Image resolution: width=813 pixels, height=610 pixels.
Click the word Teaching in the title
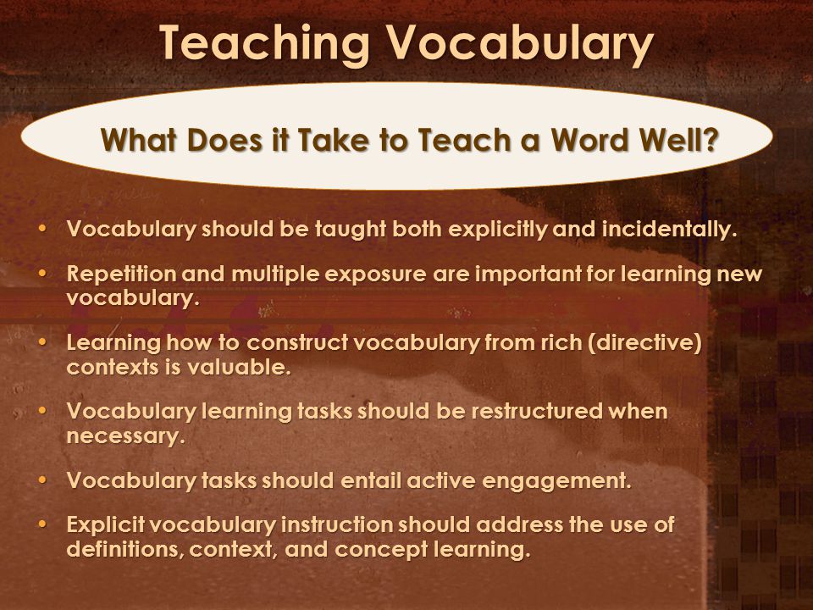[264, 43]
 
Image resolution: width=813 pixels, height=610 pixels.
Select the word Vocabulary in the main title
[519, 43]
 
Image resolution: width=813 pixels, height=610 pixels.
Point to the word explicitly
[498, 230]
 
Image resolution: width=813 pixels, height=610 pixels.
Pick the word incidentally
[669, 230]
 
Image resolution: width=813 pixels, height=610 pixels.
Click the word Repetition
[121, 274]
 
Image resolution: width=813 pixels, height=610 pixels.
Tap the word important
[528, 274]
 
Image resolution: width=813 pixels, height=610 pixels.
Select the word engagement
[557, 481]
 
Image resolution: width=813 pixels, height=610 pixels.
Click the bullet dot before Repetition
[42, 273]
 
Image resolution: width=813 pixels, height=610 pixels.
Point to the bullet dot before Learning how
[42, 341]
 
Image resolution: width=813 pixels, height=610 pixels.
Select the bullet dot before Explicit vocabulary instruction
[42, 524]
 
